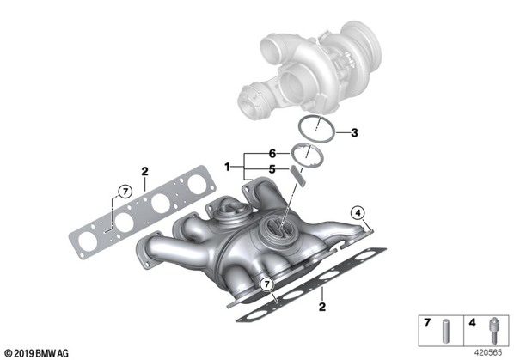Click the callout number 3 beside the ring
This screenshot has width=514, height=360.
point(354,133)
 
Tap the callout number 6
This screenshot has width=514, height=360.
point(272,153)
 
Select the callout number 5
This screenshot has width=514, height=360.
point(272,169)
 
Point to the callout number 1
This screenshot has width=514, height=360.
point(228,168)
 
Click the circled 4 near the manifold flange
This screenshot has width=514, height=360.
point(358,213)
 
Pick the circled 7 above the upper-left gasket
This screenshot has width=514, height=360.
point(125,192)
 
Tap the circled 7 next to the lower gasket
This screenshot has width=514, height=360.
point(266,284)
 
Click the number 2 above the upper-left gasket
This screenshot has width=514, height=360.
point(144,171)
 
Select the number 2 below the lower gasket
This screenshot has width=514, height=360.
point(322,307)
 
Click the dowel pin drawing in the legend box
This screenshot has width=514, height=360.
point(445,331)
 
